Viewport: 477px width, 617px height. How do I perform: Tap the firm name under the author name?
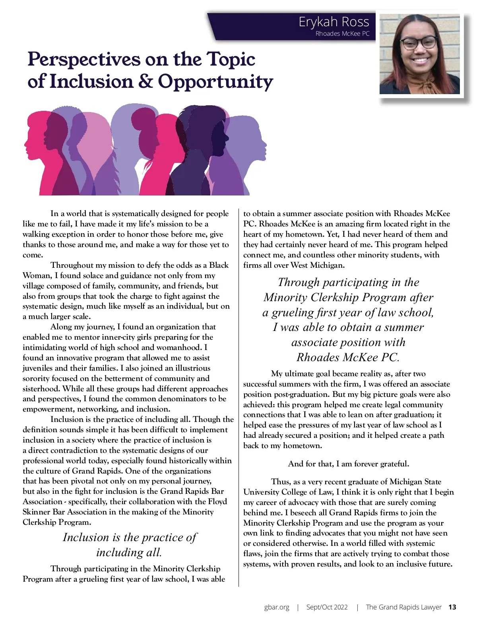pyautogui.click(x=342, y=34)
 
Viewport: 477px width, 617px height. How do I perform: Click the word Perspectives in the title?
pyautogui.click(x=84, y=60)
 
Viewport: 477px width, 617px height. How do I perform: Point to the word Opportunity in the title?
pyautogui.click(x=215, y=82)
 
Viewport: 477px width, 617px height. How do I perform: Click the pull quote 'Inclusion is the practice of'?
pyautogui.click(x=130, y=537)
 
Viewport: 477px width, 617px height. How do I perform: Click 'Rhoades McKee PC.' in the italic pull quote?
pyautogui.click(x=348, y=357)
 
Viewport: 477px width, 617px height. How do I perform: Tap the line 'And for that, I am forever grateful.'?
pyautogui.click(x=348, y=464)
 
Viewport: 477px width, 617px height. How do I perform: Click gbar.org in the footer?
pyautogui.click(x=277, y=607)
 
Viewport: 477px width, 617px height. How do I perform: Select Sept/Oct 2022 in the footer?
pyautogui.click(x=327, y=607)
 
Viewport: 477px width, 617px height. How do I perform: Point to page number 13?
pyautogui.click(x=452, y=607)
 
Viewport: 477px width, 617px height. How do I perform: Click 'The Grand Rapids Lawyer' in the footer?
pyautogui.click(x=403, y=607)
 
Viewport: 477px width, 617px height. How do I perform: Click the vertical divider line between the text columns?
pyautogui.click(x=239, y=397)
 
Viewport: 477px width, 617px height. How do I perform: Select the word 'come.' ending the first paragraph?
pyautogui.click(x=33, y=255)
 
